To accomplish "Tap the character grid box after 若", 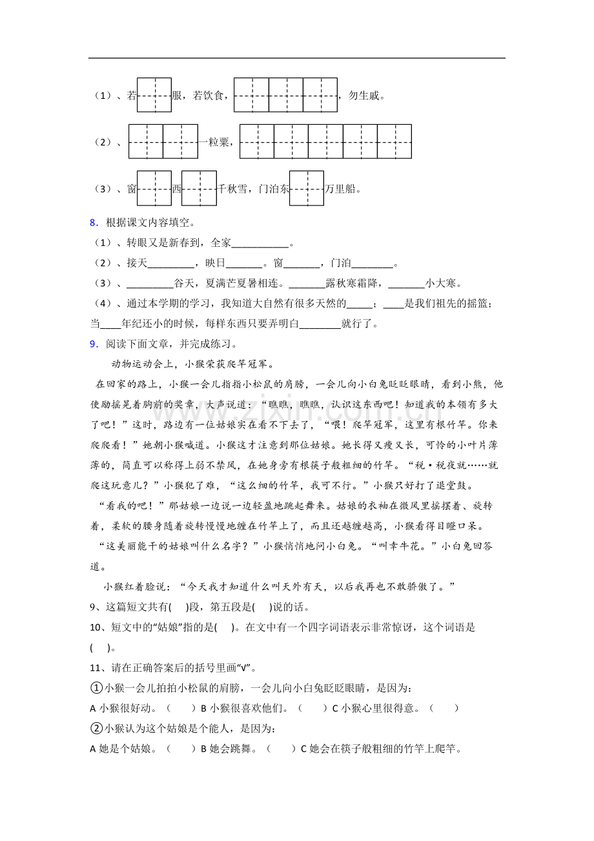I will (154, 95).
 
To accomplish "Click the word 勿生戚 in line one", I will (366, 96).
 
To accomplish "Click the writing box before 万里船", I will (307, 188).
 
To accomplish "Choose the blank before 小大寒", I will (407, 284).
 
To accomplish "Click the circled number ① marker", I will (96, 688).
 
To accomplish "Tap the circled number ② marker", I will (96, 729).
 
